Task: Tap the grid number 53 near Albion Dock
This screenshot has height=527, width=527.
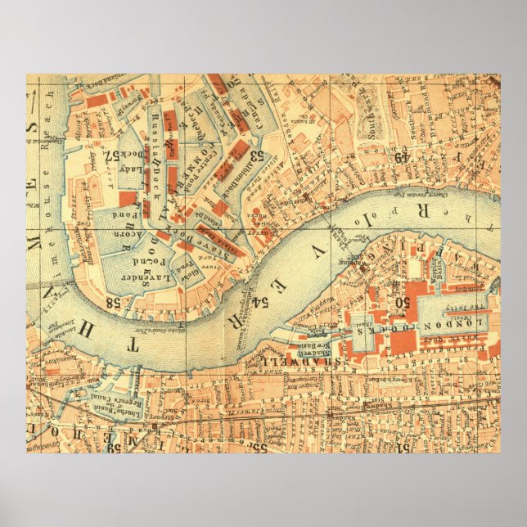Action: (256, 154)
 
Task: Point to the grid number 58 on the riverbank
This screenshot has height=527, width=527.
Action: (113, 301)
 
